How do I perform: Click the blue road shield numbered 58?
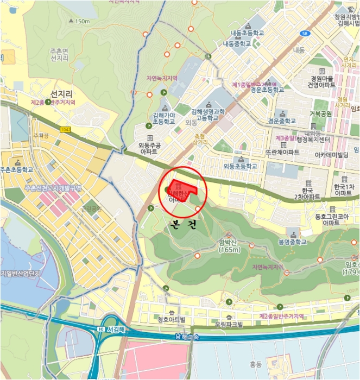point(305,33)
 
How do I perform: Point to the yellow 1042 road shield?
point(66,129)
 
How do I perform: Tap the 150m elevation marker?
point(79,21)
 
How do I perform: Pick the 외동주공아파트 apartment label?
point(150,149)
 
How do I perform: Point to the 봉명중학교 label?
point(292,242)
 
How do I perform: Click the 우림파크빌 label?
point(229,324)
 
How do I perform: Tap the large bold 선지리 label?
point(61,94)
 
